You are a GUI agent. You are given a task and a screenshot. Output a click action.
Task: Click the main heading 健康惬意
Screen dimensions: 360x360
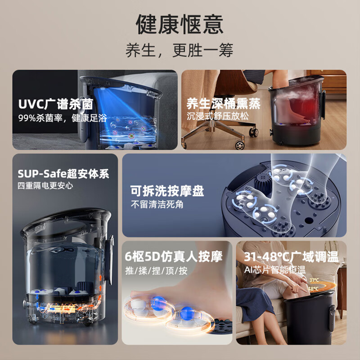point(180,24)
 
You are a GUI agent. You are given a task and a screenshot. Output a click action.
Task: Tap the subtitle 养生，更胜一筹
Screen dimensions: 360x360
point(179,50)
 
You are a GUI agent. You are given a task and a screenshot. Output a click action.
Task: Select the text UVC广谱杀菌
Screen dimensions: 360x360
point(55,104)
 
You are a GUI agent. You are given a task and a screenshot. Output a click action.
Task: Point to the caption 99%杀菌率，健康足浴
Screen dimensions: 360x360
point(63,118)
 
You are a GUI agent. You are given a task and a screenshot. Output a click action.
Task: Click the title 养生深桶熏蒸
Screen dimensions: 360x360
point(223,103)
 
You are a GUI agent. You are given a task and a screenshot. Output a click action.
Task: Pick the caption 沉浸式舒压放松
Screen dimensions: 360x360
point(218,116)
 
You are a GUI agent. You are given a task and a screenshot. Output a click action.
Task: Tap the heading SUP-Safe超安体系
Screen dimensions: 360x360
point(63,174)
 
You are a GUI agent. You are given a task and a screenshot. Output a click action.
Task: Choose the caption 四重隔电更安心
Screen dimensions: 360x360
point(45,185)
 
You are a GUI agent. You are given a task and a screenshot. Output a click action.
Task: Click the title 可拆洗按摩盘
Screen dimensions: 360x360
point(167,190)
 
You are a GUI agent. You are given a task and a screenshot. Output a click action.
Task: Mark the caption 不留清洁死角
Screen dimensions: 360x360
point(157,204)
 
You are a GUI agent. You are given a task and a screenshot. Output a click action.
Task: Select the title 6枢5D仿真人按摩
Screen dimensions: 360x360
point(174,256)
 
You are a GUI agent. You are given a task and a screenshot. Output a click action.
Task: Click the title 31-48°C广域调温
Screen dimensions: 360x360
point(291,256)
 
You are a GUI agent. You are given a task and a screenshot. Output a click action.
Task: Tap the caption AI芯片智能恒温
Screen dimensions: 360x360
point(275,270)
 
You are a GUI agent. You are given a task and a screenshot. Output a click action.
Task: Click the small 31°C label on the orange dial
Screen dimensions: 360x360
point(314,280)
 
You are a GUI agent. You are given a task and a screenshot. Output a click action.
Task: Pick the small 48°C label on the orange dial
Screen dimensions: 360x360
point(313,288)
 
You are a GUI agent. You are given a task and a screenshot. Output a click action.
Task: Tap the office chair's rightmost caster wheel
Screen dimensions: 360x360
point(253,132)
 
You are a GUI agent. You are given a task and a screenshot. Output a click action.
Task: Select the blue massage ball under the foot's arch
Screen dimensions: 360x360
point(187,313)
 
